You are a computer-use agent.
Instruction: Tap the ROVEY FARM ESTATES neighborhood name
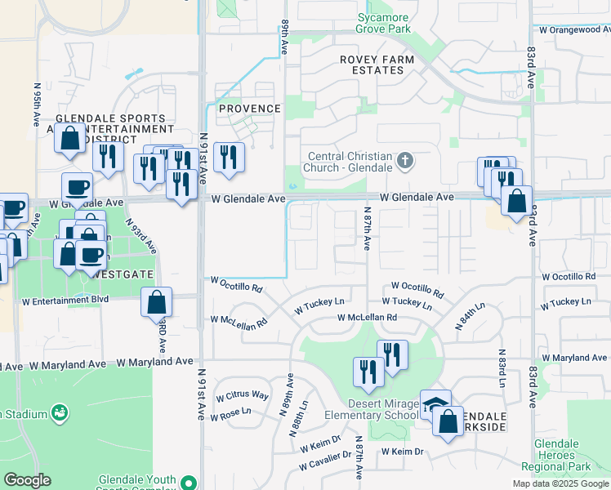[x=377, y=65]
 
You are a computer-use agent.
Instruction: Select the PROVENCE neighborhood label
[x=249, y=109]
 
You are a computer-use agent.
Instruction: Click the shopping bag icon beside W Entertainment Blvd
[x=156, y=302]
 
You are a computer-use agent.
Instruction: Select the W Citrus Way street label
[x=242, y=396]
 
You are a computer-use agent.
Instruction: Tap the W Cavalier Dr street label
[x=324, y=461]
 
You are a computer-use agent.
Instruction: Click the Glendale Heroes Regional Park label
[x=568, y=453]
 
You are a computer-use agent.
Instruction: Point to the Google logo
[x=27, y=480]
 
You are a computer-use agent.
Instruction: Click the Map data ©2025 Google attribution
[x=560, y=483]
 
